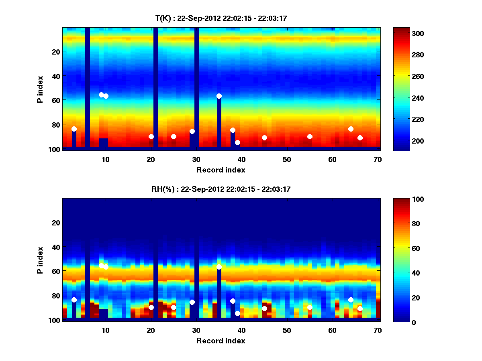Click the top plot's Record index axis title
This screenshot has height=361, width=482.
(221, 170)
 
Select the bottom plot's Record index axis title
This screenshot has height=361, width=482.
(221, 341)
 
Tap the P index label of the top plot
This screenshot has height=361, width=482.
(40, 88)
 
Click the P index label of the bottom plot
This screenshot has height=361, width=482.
(40, 259)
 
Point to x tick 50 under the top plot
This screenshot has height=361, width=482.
(287, 159)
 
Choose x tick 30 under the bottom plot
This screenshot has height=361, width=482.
(196, 330)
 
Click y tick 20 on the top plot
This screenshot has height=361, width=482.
(55, 51)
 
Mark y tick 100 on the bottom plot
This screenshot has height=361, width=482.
(54, 320)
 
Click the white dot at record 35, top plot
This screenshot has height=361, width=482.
(219, 96)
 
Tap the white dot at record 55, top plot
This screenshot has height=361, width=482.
(310, 136)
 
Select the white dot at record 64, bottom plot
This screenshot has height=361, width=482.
(351, 300)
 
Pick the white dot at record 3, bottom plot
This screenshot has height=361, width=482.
(74, 300)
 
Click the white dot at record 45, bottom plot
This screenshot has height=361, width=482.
(264, 308)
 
